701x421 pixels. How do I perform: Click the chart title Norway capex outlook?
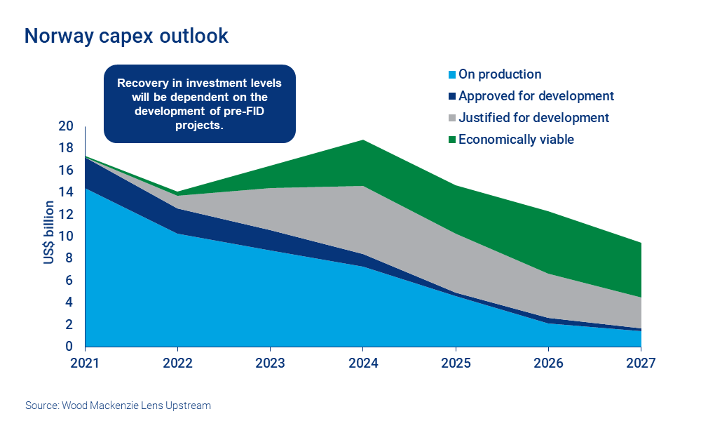click(x=126, y=36)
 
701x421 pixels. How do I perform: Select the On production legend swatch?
click(x=452, y=74)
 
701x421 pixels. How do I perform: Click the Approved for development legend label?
click(x=536, y=96)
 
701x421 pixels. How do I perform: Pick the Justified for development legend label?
click(x=533, y=118)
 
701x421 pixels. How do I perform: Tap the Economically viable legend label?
click(x=516, y=140)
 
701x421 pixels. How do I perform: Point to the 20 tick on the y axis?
click(x=66, y=126)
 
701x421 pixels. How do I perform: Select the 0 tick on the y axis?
click(x=69, y=347)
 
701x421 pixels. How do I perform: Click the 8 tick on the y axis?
click(x=69, y=258)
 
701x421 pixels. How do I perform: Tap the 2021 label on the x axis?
click(x=85, y=363)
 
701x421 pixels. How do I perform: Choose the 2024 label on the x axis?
click(x=363, y=363)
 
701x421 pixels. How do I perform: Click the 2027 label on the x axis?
click(x=641, y=363)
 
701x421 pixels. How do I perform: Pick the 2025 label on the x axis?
click(x=456, y=363)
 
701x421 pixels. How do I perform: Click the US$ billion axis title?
click(x=48, y=232)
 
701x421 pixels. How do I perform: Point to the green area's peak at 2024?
click(x=363, y=140)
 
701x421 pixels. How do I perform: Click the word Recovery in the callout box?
click(x=142, y=83)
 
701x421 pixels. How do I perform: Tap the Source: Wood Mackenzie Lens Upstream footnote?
click(x=118, y=406)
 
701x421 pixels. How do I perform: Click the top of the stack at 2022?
click(x=177, y=192)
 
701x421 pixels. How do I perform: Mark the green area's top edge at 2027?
click(x=640, y=243)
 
